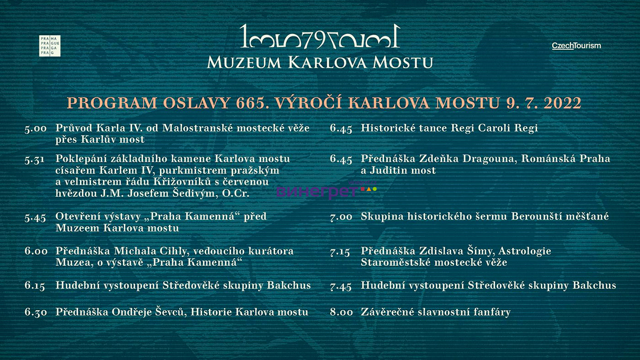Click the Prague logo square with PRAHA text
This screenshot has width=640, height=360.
(50, 46)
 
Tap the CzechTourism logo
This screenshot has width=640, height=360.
(576, 46)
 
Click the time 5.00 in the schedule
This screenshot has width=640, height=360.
(36, 128)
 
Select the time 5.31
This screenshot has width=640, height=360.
(35, 159)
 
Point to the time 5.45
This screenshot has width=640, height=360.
(35, 217)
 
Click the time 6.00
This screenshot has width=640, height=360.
(36, 251)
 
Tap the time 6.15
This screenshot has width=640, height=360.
(35, 286)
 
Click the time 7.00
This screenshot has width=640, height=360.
(341, 217)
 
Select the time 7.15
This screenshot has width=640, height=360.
(340, 252)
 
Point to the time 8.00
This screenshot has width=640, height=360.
(341, 312)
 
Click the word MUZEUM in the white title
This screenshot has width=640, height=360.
(244, 63)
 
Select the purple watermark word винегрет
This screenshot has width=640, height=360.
(317, 191)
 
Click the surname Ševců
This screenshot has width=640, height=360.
(171, 312)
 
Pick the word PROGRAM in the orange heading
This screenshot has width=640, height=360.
(112, 103)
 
